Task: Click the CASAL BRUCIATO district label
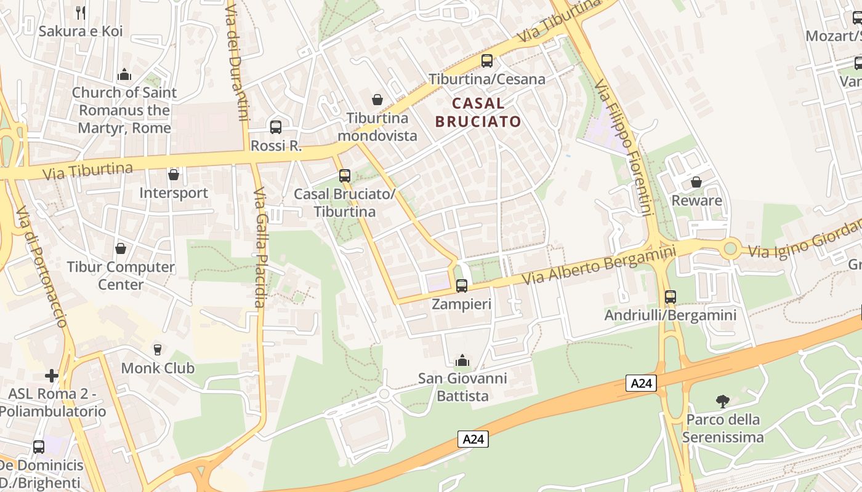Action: (x=478, y=113)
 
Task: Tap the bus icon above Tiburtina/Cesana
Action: (x=487, y=61)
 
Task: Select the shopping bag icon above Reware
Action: (x=696, y=182)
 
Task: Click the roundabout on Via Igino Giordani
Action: (x=731, y=249)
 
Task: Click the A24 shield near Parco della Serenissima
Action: (x=642, y=383)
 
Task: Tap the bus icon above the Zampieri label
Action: (x=461, y=285)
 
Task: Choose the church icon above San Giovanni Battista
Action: (x=462, y=360)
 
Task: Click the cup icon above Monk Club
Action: (x=158, y=349)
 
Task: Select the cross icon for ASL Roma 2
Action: (x=52, y=375)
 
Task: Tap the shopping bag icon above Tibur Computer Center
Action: (x=121, y=248)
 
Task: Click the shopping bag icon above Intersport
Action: (x=174, y=175)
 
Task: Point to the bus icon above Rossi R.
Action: (x=276, y=127)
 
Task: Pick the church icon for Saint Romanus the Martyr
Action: (x=124, y=74)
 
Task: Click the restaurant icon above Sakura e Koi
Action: (x=80, y=12)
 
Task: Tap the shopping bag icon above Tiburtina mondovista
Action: (x=377, y=99)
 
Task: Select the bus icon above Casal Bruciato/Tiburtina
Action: (x=345, y=176)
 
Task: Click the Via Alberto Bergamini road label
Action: (x=598, y=264)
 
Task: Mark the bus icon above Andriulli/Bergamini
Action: (x=671, y=297)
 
